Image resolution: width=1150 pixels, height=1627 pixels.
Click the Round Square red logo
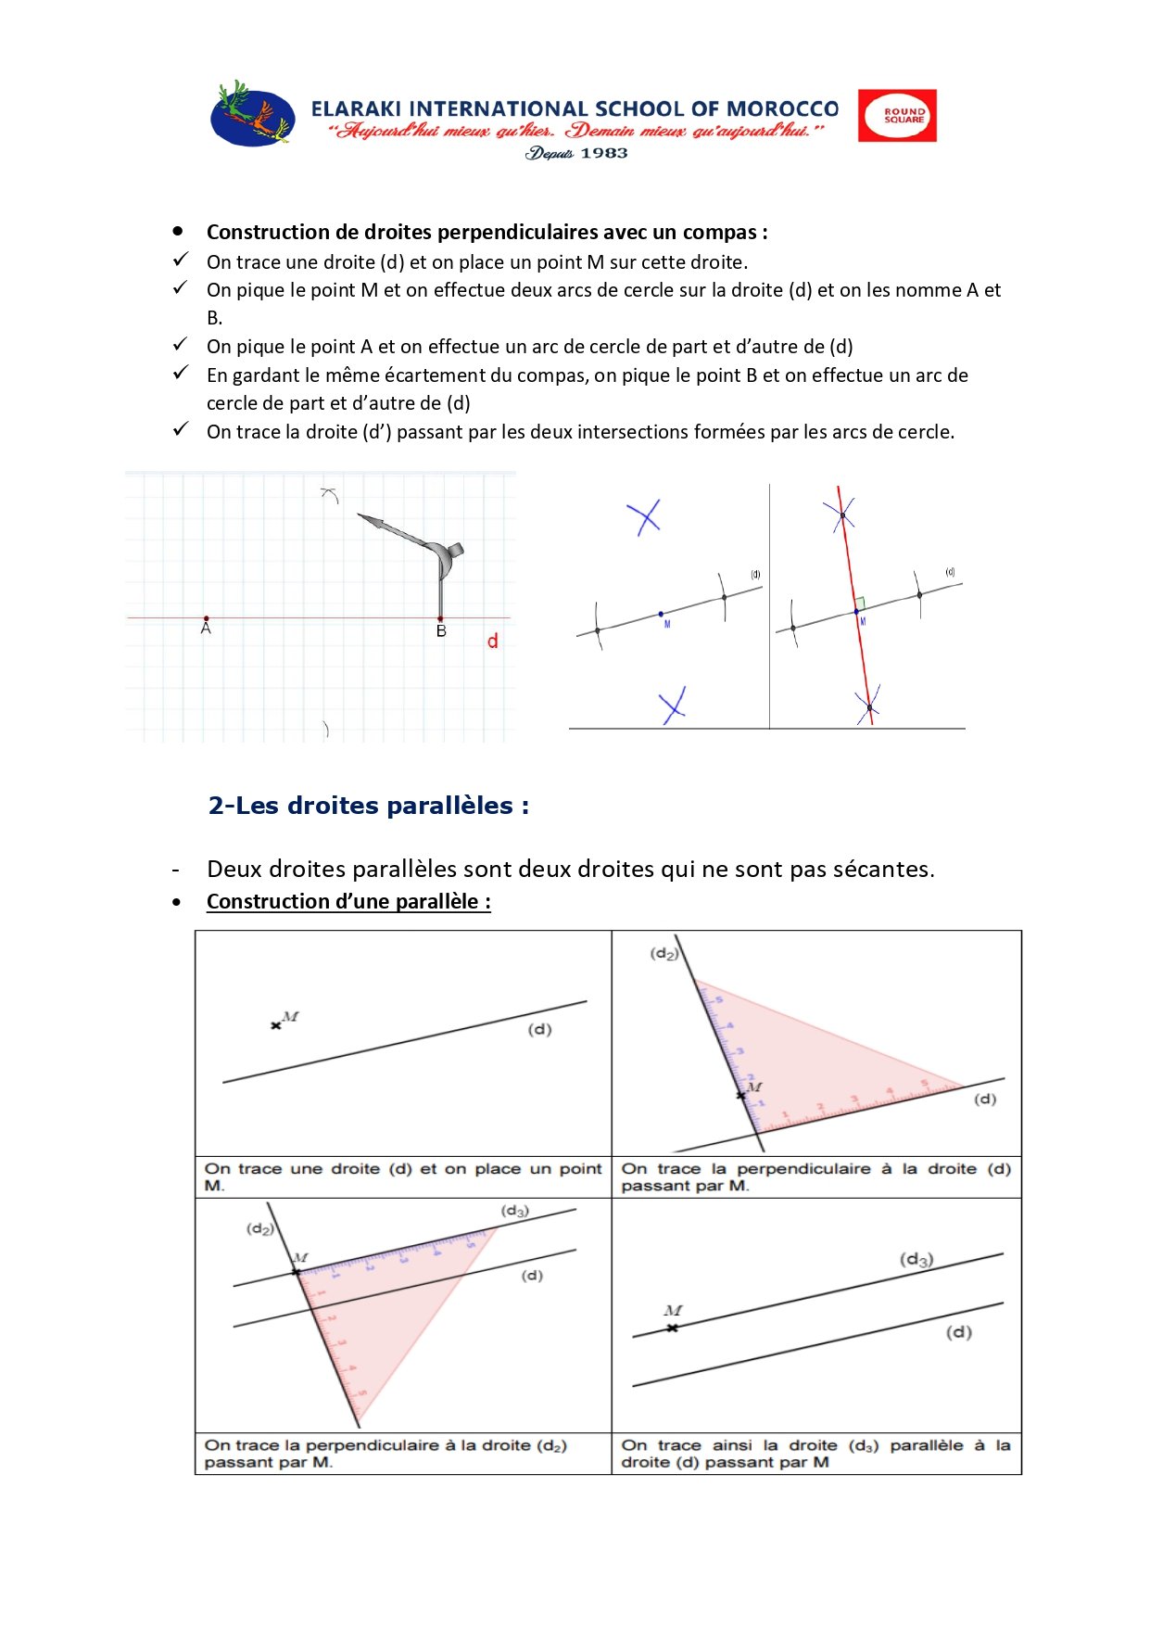(896, 116)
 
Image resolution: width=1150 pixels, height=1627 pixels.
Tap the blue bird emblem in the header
(252, 115)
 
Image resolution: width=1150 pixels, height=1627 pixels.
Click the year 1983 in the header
(603, 153)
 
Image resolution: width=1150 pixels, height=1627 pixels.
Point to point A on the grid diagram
(206, 618)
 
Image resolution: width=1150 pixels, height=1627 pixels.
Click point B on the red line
(440, 618)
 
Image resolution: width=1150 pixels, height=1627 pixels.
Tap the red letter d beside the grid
(492, 641)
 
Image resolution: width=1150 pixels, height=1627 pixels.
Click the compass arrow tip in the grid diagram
(360, 516)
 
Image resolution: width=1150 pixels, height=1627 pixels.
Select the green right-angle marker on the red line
(860, 603)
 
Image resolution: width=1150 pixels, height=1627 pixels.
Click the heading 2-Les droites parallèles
(368, 806)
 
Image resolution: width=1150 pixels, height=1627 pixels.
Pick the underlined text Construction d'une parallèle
(348, 901)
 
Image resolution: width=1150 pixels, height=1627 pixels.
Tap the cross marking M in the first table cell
(275, 1025)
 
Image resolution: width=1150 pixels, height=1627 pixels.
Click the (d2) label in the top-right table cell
(663, 953)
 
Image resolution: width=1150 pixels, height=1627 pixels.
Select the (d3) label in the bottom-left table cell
(514, 1211)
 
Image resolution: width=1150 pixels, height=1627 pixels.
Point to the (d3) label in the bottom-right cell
(916, 1259)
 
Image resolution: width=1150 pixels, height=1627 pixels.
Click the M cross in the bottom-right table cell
(673, 1328)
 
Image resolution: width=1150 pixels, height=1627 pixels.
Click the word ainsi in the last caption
(731, 1445)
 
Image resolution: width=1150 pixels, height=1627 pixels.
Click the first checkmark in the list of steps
(181, 260)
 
